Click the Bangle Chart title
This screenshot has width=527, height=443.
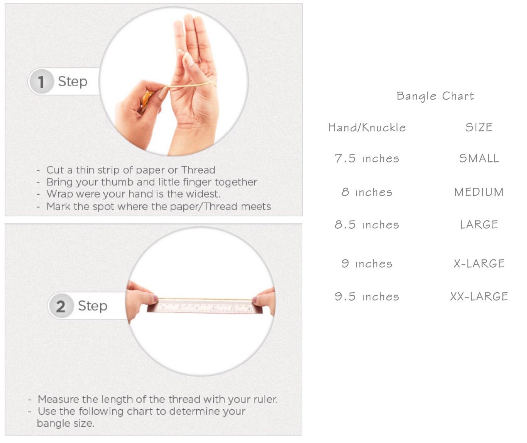435,96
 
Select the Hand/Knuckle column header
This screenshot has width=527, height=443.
367,127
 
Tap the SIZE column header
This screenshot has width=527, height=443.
479,127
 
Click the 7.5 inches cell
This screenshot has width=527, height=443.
367,159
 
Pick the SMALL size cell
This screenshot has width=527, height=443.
479,159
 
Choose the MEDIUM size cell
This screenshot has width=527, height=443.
479,192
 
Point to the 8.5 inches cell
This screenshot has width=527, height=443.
367,225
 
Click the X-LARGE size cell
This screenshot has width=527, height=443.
479,264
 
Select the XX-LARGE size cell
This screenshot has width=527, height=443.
479,296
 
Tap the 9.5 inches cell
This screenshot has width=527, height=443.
367,296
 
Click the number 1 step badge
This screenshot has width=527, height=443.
41,81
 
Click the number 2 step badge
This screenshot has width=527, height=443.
61,306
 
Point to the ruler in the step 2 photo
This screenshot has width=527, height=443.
204,306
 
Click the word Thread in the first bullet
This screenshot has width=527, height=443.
198,170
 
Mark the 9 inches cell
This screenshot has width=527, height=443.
367,264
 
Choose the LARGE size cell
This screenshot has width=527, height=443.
479,225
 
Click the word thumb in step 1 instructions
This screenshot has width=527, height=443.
117,182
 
